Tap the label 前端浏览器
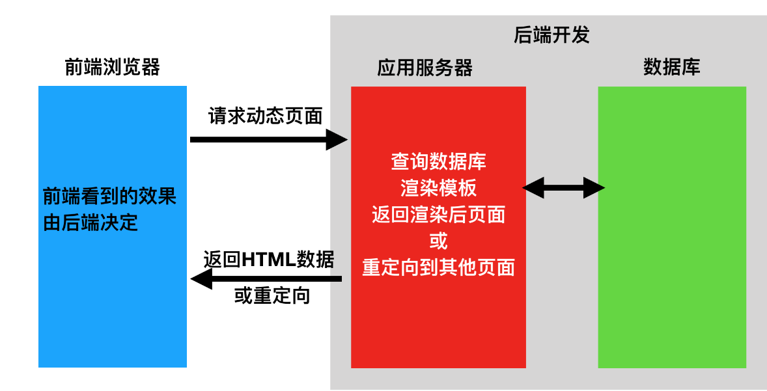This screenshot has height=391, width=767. click(x=112, y=67)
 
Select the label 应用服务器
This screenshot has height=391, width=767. click(x=425, y=68)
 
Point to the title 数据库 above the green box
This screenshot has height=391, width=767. click(x=671, y=67)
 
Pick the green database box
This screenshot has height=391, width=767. click(x=672, y=293)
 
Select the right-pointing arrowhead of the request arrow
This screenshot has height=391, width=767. click(x=337, y=139)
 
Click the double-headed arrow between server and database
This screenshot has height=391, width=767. click(x=564, y=189)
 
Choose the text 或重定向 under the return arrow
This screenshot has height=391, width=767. click(x=272, y=296)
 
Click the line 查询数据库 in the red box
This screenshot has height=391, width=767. click(x=438, y=161)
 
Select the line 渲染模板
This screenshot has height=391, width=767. click(x=438, y=188)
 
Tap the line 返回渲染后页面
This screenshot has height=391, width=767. click(x=438, y=215)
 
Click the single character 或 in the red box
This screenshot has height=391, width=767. click(x=438, y=241)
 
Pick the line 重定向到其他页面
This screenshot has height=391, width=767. click(x=438, y=267)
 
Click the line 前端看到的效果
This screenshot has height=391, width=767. click(x=109, y=196)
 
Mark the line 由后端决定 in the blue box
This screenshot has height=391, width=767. click(x=91, y=222)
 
